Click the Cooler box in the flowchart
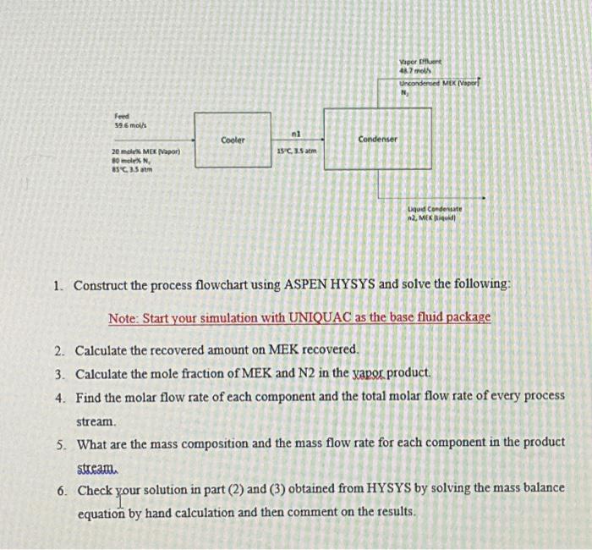233,140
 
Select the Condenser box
377,139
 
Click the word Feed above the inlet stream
123,115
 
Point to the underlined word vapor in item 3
344,373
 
